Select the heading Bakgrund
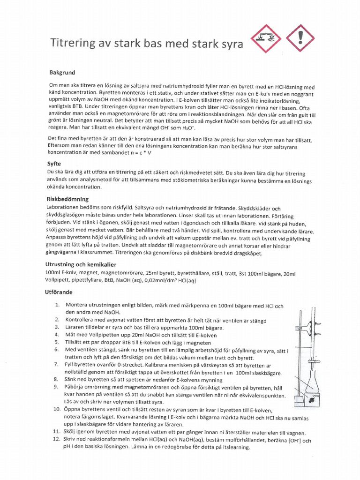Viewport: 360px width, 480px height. tap(62, 73)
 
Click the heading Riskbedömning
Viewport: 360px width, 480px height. tap(68, 199)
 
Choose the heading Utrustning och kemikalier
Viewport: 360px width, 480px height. tap(81, 264)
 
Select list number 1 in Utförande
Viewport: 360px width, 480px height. tap(57, 305)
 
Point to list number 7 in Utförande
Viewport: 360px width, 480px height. tap(57, 365)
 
